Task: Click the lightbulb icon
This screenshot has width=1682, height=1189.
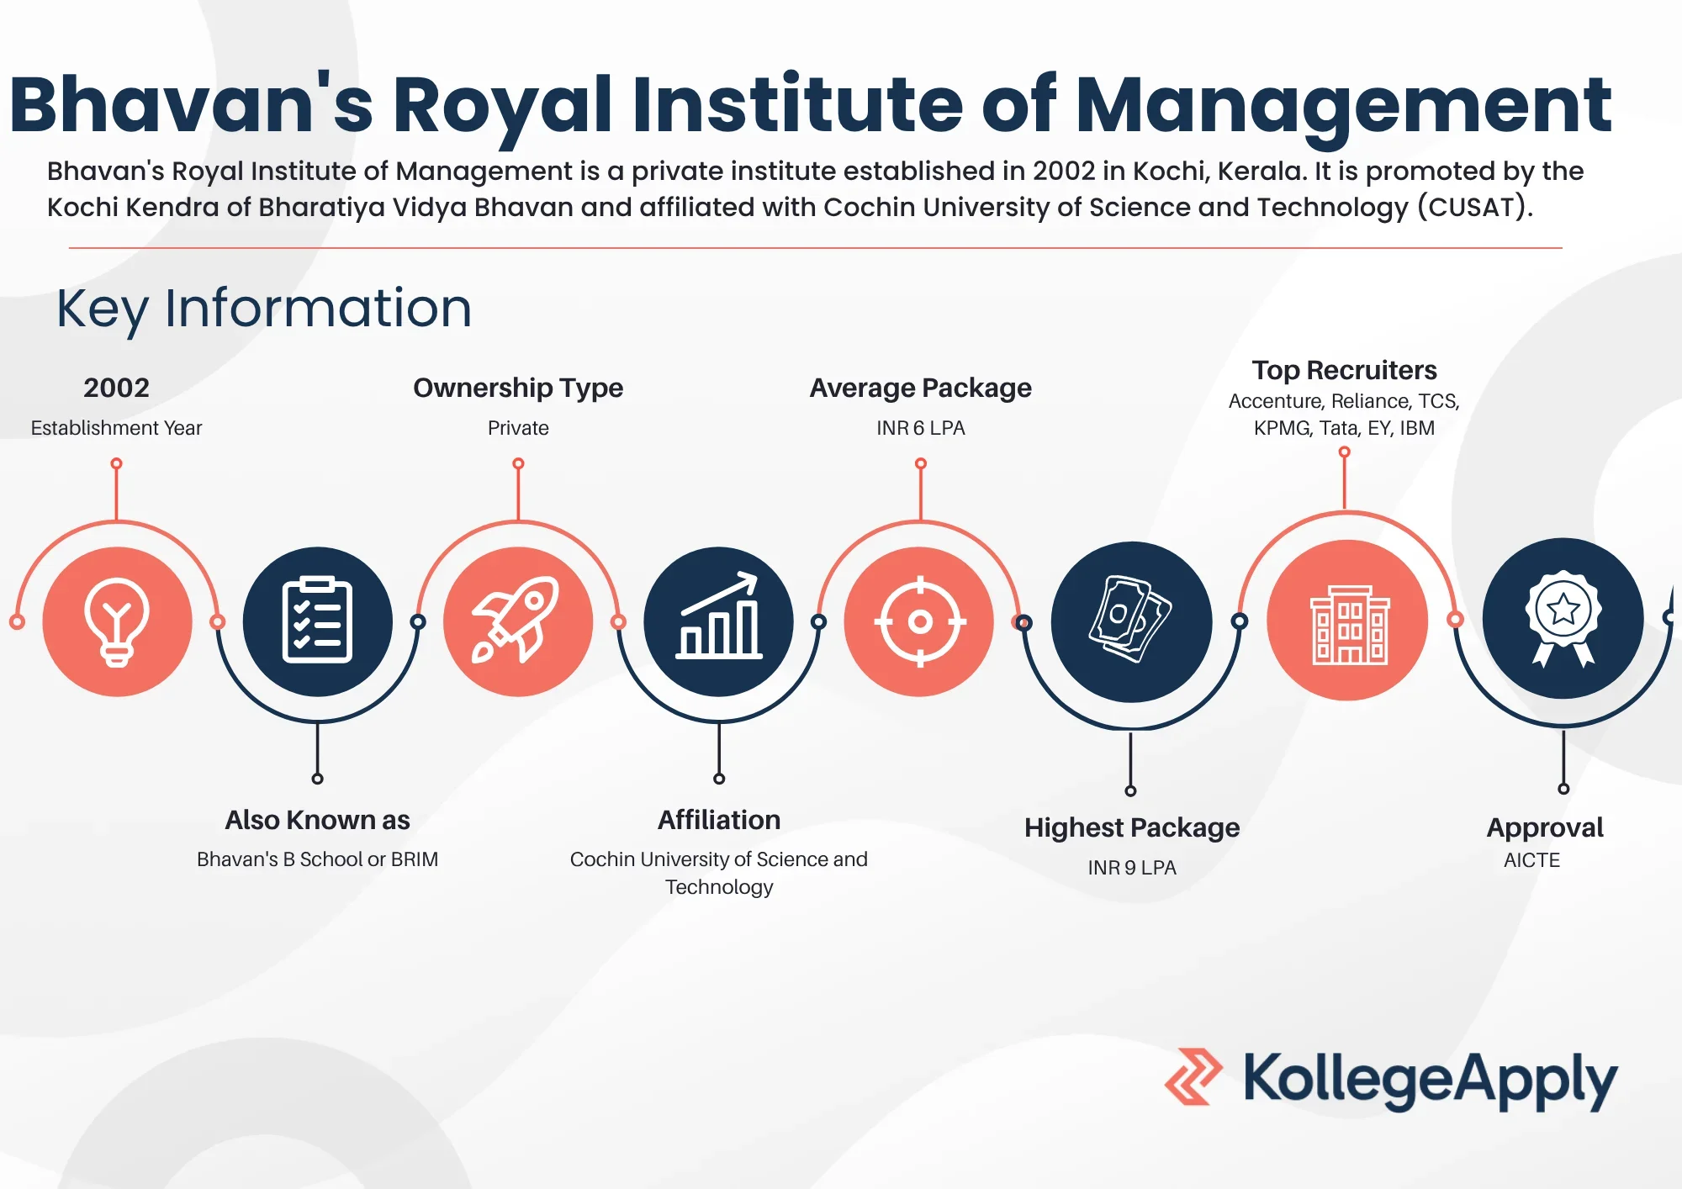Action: pos(117,622)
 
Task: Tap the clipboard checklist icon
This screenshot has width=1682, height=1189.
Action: pos(317,621)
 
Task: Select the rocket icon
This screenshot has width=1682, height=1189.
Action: pos(516,620)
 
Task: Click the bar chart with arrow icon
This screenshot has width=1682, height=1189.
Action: pos(719,616)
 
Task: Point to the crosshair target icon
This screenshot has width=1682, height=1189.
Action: pos(920,622)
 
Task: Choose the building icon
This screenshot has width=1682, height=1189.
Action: pos(1350,624)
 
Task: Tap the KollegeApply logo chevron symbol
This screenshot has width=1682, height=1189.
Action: pos(1193,1076)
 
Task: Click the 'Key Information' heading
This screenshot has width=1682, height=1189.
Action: pos(264,309)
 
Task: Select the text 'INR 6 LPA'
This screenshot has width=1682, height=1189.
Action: pos(921,428)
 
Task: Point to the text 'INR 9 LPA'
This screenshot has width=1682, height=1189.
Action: pos(1132,868)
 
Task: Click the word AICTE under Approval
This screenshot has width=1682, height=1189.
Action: pos(1531,860)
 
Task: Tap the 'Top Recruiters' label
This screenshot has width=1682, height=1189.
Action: pos(1344,370)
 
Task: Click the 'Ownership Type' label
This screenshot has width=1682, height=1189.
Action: pos(518,388)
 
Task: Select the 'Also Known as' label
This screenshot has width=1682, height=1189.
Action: pos(317,820)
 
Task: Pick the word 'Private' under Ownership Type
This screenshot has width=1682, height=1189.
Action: pos(518,428)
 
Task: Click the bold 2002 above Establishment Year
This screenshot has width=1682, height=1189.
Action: pos(116,388)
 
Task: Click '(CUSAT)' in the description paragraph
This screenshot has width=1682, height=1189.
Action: pos(1475,208)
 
